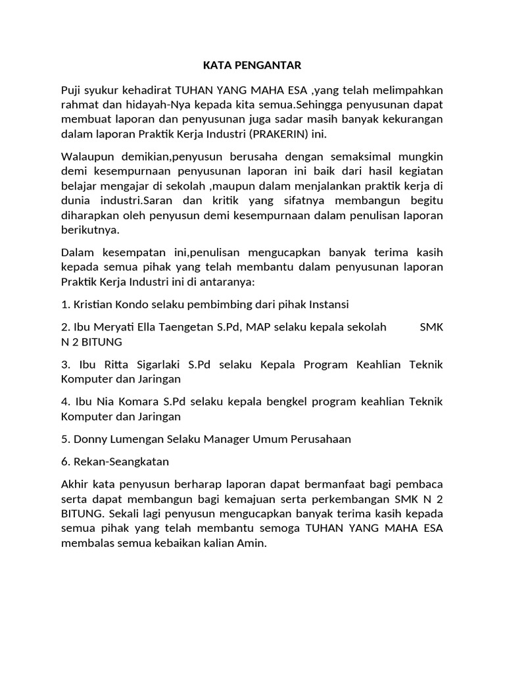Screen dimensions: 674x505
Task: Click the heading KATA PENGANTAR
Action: (x=252, y=65)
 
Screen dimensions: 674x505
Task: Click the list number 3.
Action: (x=65, y=365)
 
